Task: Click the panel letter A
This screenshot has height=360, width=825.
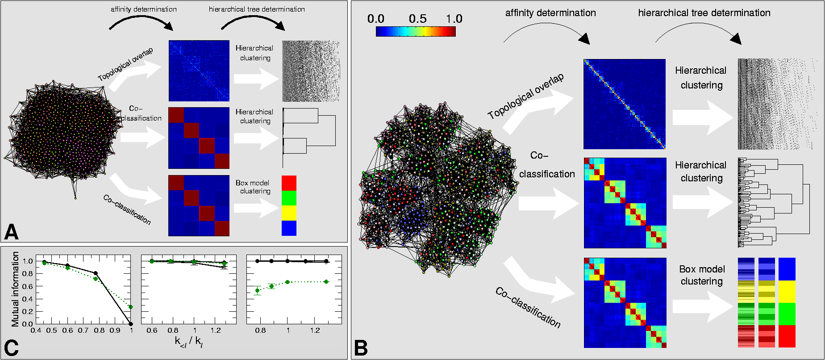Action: pyautogui.click(x=12, y=232)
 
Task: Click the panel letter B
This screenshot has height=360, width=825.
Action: pyautogui.click(x=361, y=347)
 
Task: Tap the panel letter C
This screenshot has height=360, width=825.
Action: pyautogui.click(x=12, y=348)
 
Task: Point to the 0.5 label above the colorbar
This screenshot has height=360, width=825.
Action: pyautogui.click(x=417, y=19)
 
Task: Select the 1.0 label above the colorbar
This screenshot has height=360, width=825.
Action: pyautogui.click(x=454, y=19)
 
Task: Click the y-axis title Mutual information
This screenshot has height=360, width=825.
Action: pyautogui.click(x=16, y=289)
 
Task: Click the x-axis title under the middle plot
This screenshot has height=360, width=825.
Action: pyautogui.click(x=189, y=342)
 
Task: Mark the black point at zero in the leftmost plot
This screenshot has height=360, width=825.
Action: pyautogui.click(x=131, y=324)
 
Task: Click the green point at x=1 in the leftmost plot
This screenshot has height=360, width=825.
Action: pyautogui.click(x=131, y=307)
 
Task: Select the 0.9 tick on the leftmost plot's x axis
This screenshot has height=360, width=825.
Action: pyautogui.click(x=115, y=331)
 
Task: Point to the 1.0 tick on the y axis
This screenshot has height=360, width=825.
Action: pyautogui.click(x=28, y=261)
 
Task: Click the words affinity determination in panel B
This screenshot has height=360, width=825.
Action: pyautogui.click(x=550, y=13)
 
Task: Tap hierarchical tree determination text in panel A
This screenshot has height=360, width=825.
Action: pyautogui.click(x=257, y=9)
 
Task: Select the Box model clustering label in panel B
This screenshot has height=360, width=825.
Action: pyautogui.click(x=702, y=275)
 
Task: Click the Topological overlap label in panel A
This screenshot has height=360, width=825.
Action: pyautogui.click(x=125, y=64)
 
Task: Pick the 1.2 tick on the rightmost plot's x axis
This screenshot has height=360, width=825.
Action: pyautogui.click(x=315, y=331)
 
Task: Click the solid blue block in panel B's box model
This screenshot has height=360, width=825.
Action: pyautogui.click(x=787, y=269)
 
